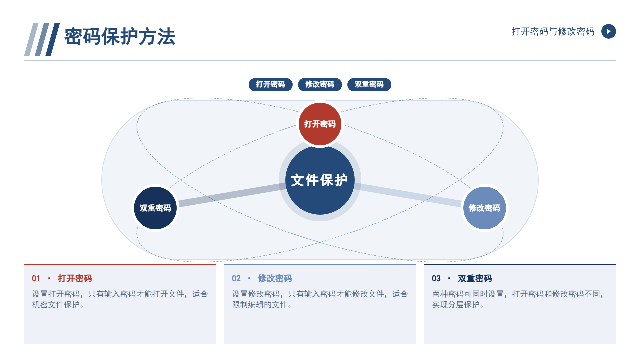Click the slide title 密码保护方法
(x=120, y=37)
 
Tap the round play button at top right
(x=609, y=31)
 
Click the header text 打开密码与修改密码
(x=553, y=31)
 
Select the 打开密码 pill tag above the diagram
(x=271, y=84)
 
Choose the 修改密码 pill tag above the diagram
(x=320, y=84)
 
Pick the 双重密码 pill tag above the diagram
(x=369, y=84)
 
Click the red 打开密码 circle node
(x=320, y=124)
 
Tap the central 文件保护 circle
(x=320, y=180)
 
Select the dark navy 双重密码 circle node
(x=155, y=208)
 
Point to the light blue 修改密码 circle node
(x=485, y=208)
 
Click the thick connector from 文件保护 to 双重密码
(x=232, y=195)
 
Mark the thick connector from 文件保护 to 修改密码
(x=408, y=195)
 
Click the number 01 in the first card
(x=36, y=279)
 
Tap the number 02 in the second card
(x=236, y=279)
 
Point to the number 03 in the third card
(x=436, y=279)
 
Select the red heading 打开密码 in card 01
(x=75, y=279)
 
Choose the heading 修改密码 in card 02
(x=275, y=279)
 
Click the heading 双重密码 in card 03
(x=475, y=279)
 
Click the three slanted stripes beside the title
(x=42, y=39)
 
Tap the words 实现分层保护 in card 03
(x=456, y=305)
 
